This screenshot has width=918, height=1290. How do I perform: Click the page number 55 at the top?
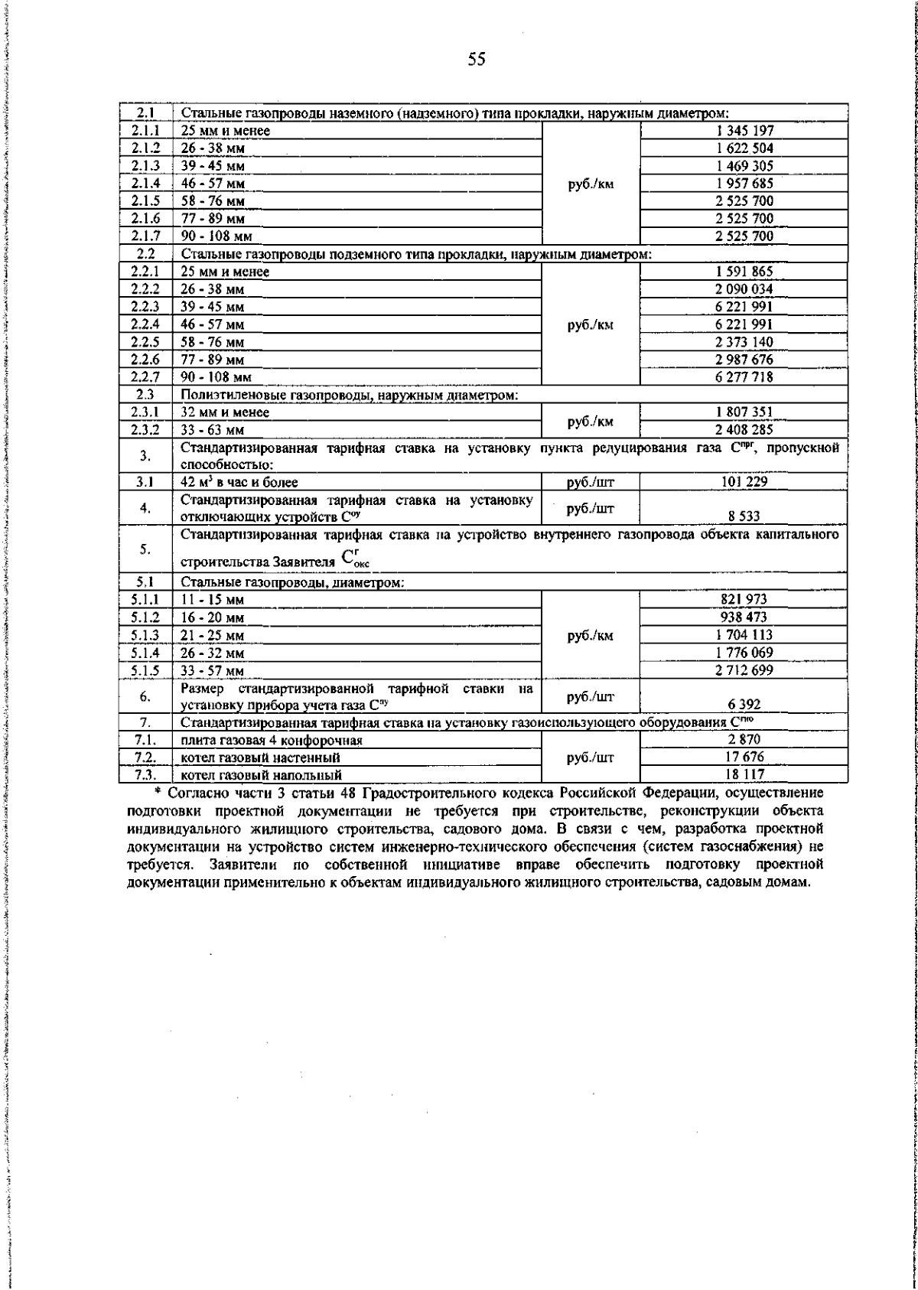click(x=476, y=60)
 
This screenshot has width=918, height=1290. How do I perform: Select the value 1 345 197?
click(x=744, y=131)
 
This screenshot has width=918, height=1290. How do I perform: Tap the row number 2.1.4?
click(x=145, y=184)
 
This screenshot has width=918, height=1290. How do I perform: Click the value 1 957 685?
click(x=744, y=184)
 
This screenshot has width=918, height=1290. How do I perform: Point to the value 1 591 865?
click(x=744, y=272)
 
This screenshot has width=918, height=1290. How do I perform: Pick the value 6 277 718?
click(x=744, y=377)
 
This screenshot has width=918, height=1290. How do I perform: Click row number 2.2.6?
click(x=145, y=360)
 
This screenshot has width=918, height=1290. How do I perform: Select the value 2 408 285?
click(x=744, y=430)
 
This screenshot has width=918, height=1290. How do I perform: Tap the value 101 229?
click(x=744, y=482)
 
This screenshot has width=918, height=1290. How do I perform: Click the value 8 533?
click(x=744, y=516)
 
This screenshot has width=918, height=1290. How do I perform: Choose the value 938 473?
click(x=744, y=617)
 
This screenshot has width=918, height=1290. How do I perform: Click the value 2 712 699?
click(x=744, y=670)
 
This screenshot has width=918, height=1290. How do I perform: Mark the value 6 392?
click(x=744, y=705)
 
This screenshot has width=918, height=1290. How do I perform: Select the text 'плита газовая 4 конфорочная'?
click(x=272, y=741)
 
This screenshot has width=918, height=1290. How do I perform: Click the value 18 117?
click(x=744, y=774)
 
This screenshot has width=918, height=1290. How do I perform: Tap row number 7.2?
click(x=145, y=757)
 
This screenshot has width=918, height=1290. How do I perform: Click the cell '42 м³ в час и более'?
click(x=239, y=482)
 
